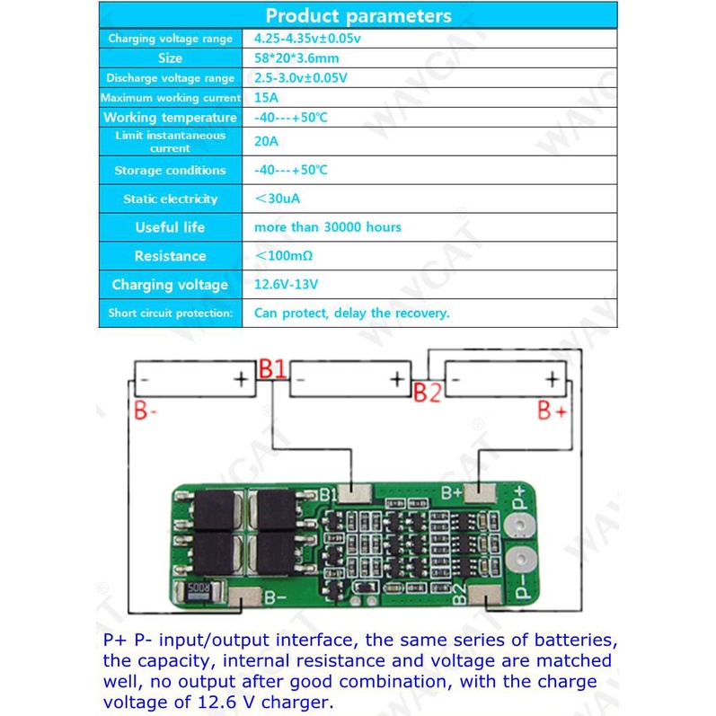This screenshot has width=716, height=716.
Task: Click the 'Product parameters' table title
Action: point(358,16)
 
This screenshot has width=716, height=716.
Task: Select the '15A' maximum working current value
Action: point(266,98)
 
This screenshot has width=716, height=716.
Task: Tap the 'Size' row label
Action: point(170,58)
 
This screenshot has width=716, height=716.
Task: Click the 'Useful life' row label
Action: point(170,227)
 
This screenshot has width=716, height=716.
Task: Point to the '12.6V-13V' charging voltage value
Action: point(287,285)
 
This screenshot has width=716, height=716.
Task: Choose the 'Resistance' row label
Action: point(170,256)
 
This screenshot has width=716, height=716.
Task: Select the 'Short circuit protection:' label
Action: point(170,314)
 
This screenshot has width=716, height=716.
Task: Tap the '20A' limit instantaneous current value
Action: point(267,141)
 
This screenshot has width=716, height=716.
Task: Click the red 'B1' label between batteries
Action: point(272,369)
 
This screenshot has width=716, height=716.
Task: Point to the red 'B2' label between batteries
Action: point(427,393)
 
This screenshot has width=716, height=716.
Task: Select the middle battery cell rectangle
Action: point(349,380)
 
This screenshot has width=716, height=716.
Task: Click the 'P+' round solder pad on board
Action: point(520,530)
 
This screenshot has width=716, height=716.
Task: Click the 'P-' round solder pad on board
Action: point(520,563)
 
